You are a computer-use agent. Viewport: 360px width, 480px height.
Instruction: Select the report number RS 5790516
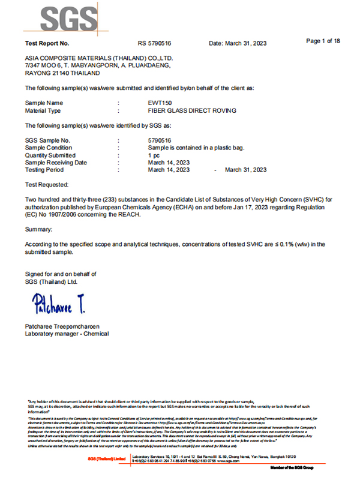(155, 44)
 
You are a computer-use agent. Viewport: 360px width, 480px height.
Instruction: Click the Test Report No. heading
(47, 44)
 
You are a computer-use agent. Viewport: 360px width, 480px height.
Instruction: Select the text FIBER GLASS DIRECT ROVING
(191, 111)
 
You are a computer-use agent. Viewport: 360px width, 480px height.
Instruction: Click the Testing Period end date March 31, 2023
(245, 170)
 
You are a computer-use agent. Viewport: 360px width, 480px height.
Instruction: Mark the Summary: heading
(39, 229)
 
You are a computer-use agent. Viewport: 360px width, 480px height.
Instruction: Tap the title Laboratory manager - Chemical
(67, 334)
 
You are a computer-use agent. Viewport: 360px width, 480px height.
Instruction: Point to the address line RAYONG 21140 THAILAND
(62, 72)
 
